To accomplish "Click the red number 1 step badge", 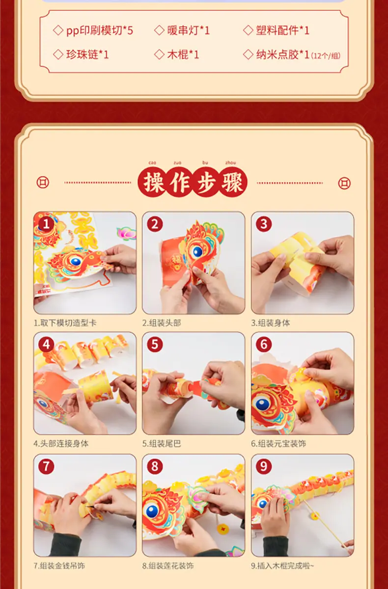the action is coord(46,224).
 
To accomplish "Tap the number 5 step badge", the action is coord(155,345).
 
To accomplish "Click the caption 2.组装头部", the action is coord(162,323).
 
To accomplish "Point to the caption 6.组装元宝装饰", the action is coord(278,444).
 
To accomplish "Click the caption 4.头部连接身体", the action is coord(61,444).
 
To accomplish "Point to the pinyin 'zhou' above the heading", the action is coord(230,162).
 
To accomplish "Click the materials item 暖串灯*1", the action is coord(188,30).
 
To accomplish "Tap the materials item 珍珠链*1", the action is coord(87,54).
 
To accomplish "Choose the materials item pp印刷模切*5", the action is coord(100,30).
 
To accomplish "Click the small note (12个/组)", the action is coord(326,56).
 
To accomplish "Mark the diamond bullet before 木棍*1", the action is coord(159,54).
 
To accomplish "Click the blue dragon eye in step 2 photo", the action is coord(197,252).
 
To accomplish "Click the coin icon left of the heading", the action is coord(43,182).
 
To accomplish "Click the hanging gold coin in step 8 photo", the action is coord(222,527).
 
